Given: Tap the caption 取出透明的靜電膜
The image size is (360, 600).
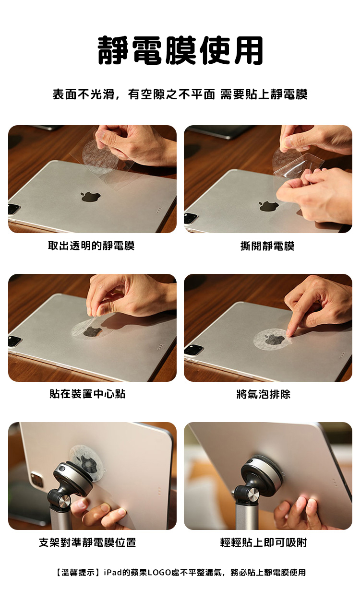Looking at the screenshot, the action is [x=91, y=246].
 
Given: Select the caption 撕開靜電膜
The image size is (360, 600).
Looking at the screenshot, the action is [x=267, y=246].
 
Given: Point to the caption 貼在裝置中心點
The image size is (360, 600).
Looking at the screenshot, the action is [x=87, y=394].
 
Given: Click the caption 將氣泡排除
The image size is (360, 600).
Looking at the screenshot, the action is [x=264, y=394].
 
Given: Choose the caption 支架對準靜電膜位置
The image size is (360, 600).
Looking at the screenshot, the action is [x=87, y=542].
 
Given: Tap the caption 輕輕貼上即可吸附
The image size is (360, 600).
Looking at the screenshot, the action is [x=264, y=542].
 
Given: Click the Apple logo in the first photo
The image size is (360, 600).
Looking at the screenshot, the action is [x=91, y=196].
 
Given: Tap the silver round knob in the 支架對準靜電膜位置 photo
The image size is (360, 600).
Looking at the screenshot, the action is [x=62, y=503].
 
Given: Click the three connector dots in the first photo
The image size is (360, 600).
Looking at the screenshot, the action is [x=159, y=212].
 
